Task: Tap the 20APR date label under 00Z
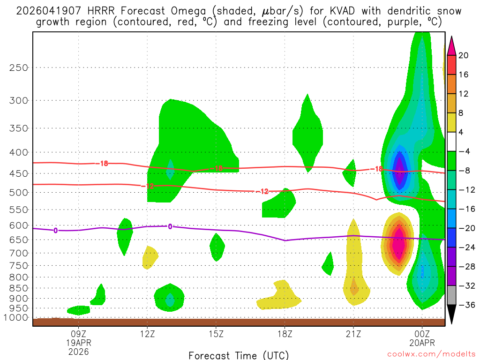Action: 422,343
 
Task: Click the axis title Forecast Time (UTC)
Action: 239,355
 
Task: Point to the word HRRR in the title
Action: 90,11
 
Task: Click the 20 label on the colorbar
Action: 464,55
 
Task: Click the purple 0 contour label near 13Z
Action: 170,226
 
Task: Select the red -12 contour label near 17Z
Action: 264,191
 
